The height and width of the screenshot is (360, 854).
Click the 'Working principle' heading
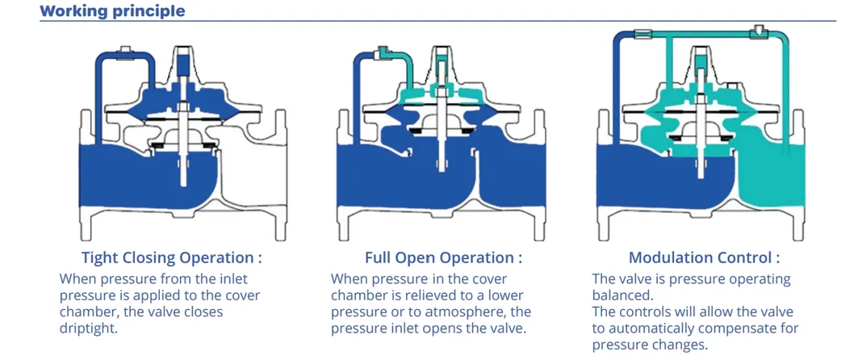[112, 10]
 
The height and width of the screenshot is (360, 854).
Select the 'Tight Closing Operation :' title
[172, 257]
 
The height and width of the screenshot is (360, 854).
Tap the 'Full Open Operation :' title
[443, 257]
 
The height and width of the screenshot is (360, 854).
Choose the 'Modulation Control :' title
[704, 257]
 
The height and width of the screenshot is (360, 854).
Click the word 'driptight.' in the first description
[89, 329]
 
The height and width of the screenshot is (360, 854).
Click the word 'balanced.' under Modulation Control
[622, 295]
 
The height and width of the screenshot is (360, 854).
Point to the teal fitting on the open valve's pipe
[383, 51]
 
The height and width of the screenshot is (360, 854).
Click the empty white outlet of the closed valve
[253, 174]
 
